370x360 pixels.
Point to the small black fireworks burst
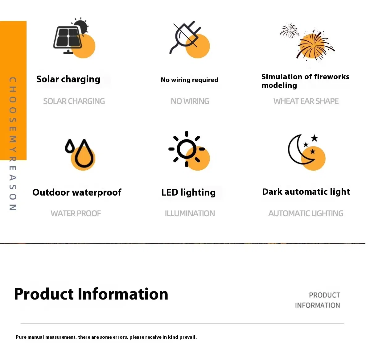[x=289, y=30]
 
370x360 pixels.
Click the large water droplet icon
[x=83, y=154]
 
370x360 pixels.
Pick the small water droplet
[x=70, y=146]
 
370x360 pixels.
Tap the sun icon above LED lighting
[x=187, y=149]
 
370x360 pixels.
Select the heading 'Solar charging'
[x=68, y=79]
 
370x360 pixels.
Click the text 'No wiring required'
[x=189, y=80]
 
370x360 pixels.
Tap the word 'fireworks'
[x=332, y=77]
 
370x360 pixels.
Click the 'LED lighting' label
[x=188, y=192]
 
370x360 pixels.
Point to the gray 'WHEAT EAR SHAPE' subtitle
[x=306, y=101]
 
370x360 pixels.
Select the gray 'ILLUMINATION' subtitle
[x=190, y=213]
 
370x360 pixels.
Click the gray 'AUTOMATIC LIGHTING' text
[x=306, y=213]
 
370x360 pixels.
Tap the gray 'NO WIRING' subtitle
[x=190, y=101]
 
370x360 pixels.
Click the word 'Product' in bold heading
[x=44, y=294]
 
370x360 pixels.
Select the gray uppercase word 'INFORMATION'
[x=317, y=305]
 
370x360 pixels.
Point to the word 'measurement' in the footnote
[x=61, y=337]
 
